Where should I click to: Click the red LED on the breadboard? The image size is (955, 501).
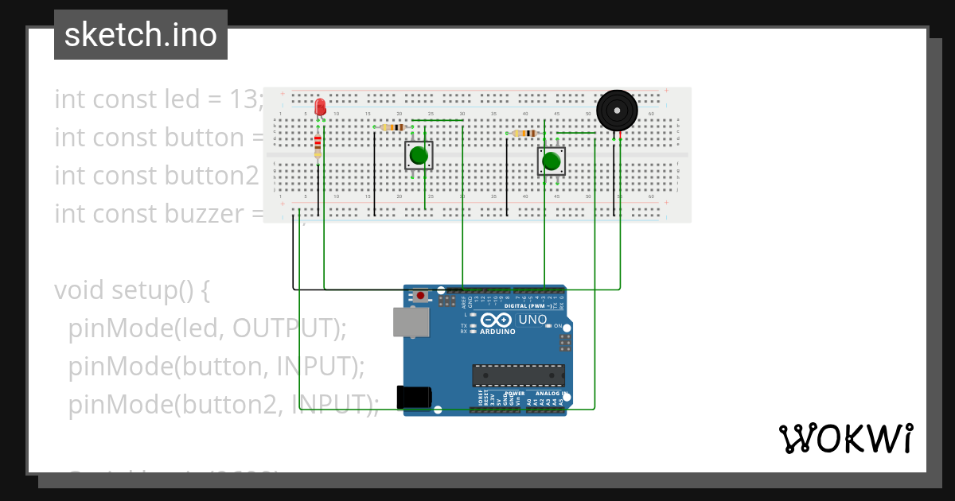tap(320, 107)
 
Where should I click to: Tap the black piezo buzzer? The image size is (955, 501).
tap(617, 110)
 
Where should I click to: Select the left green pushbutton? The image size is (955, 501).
tap(419, 155)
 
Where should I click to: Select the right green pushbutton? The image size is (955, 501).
tap(551, 161)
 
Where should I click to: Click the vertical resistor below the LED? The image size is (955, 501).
tap(318, 146)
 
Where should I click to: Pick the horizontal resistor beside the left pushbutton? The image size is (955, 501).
tap(393, 127)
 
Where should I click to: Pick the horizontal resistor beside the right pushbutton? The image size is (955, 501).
tap(525, 134)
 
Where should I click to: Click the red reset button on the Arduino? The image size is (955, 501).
tap(420, 297)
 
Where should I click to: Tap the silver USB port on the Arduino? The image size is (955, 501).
tap(411, 322)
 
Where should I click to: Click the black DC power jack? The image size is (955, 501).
tap(415, 397)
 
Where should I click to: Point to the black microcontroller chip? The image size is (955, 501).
tap(518, 375)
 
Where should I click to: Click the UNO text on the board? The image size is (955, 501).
tap(532, 320)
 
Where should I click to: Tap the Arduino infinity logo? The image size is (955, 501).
tap(497, 320)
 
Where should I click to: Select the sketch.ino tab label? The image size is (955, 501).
tap(141, 35)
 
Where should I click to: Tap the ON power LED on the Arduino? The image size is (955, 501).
tap(558, 326)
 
